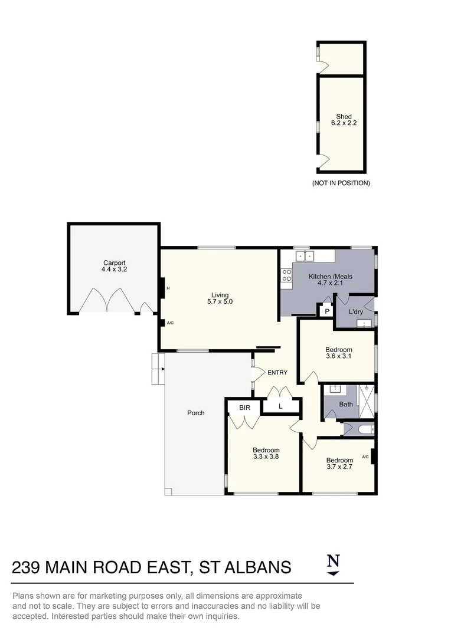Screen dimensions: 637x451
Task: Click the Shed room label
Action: [x=344, y=117]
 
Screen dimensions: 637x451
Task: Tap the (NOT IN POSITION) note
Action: [x=341, y=183]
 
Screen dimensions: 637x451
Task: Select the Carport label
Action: [x=115, y=263]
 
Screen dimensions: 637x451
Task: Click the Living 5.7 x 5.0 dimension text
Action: [x=220, y=303]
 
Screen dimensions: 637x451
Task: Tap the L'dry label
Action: [x=355, y=311]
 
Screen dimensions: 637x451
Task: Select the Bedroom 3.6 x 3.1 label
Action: [x=339, y=353]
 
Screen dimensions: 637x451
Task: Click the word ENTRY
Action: [x=277, y=373]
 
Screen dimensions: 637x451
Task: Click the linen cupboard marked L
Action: [x=280, y=407]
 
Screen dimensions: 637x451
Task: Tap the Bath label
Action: [x=345, y=405]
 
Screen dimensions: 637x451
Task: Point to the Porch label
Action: [x=196, y=413]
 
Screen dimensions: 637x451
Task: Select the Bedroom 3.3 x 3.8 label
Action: [x=266, y=453]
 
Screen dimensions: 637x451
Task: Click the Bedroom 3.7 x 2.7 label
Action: [x=339, y=464]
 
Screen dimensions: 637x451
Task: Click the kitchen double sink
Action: [x=303, y=257]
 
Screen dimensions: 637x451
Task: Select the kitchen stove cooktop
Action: [x=287, y=275]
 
